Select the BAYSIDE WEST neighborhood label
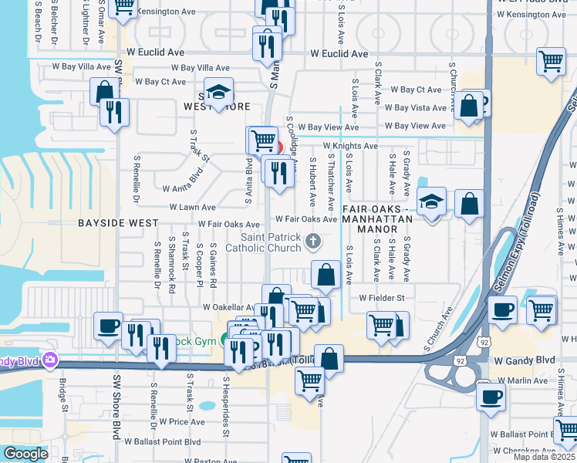click(x=117, y=222)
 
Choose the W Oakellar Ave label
click(x=228, y=307)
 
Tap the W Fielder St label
click(x=381, y=298)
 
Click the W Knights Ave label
click(x=350, y=145)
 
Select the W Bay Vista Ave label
click(x=416, y=108)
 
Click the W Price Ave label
click(x=181, y=422)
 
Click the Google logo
click(x=25, y=454)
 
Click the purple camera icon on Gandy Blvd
click(x=51, y=360)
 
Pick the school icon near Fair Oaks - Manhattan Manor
click(x=431, y=203)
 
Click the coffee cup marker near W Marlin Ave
click(x=491, y=397)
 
